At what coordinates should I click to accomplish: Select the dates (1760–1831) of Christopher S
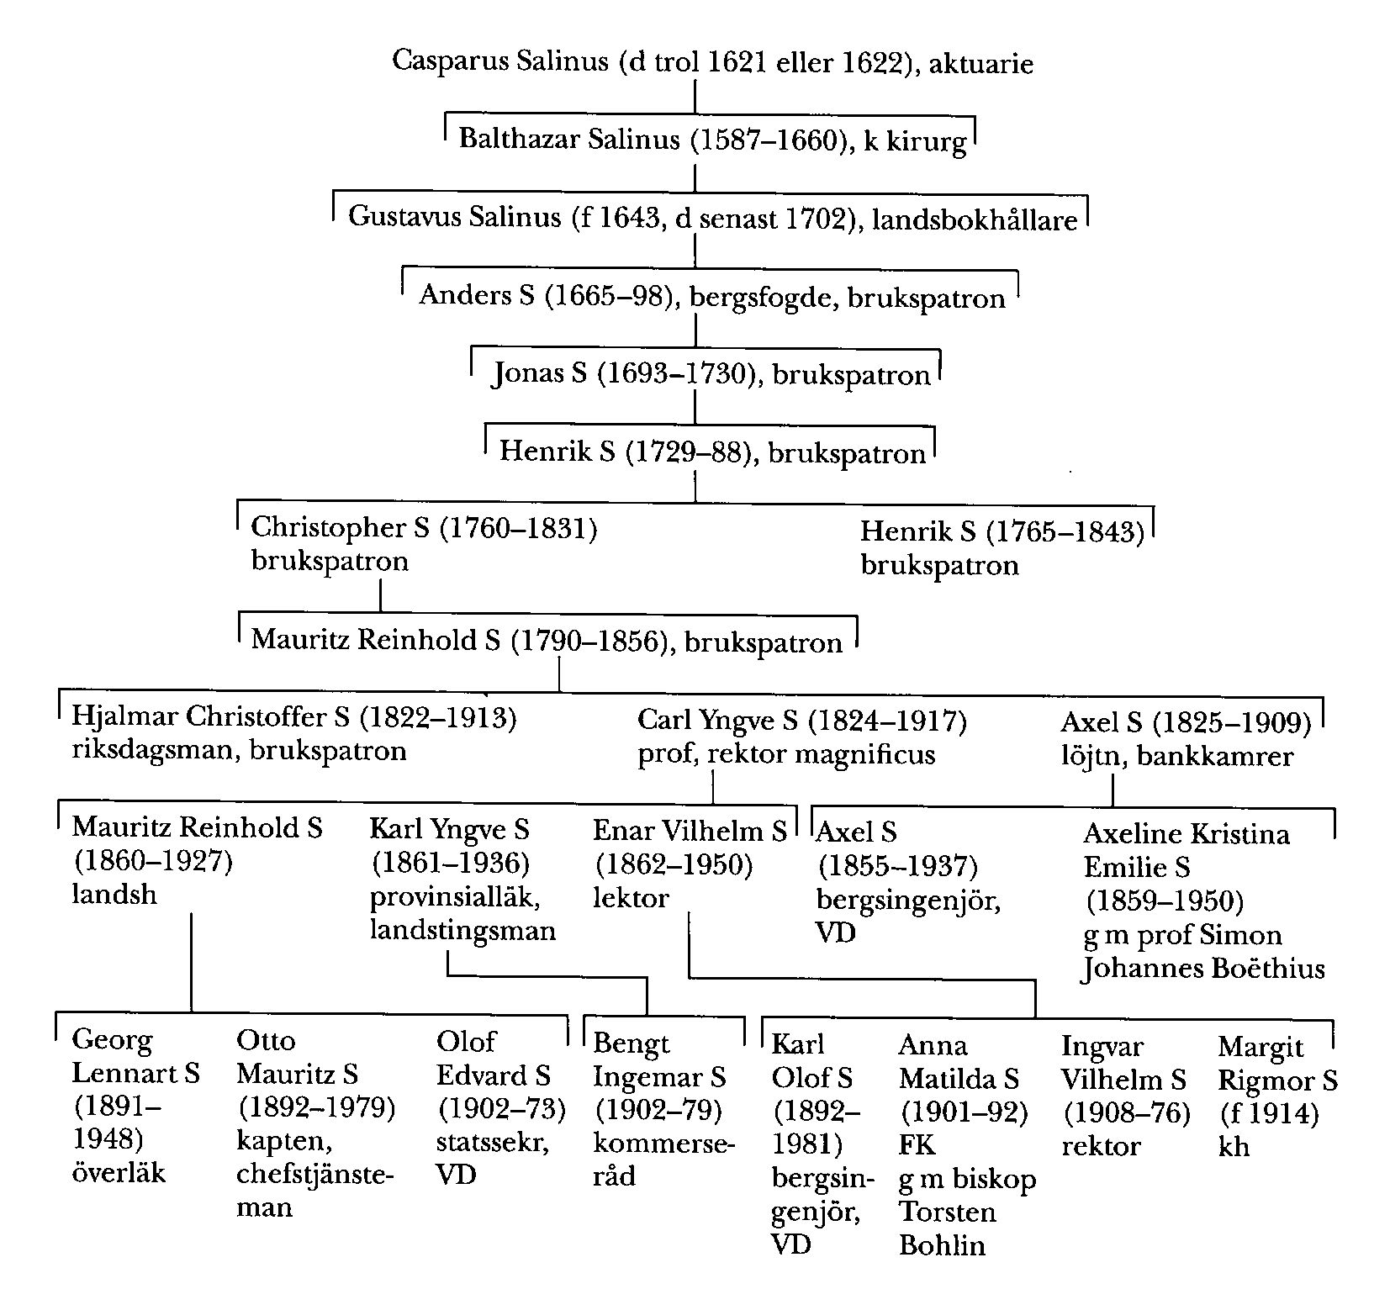pos(518,528)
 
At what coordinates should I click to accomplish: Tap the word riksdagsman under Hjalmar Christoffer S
pos(146,750)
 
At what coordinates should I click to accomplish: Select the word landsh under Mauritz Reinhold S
pos(114,894)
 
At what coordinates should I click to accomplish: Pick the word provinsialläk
pos(455,897)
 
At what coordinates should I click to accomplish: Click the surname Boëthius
pos(1266,969)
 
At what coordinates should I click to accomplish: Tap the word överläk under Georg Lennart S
pos(119,1172)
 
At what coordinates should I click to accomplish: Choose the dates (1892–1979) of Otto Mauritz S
pos(316,1107)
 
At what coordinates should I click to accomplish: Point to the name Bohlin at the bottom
pos(942,1245)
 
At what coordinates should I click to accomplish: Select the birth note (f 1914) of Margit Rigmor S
pos(1268,1114)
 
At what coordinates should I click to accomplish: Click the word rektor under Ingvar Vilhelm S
pos(1101,1146)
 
